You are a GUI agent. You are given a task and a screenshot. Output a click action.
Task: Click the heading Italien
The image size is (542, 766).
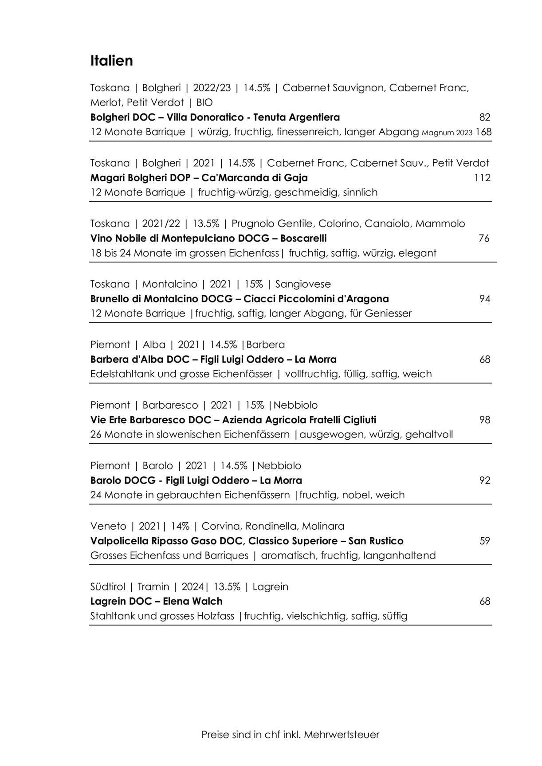tap(111, 61)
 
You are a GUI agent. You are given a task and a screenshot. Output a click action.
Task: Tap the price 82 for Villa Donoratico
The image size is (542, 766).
tap(485, 117)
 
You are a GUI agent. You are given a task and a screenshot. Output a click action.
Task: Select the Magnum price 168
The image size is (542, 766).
tap(483, 132)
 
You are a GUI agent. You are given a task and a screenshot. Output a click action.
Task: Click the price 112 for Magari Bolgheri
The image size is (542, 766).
tap(482, 178)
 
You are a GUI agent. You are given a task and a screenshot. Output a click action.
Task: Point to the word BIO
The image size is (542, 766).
tap(204, 103)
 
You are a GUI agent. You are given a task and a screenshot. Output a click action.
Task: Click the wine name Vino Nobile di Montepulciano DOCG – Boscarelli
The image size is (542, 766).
tap(208, 238)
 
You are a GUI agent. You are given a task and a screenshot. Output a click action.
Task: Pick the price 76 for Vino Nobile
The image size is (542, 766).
tap(484, 238)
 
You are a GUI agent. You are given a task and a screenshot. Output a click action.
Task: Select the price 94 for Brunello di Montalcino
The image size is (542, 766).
tap(485, 299)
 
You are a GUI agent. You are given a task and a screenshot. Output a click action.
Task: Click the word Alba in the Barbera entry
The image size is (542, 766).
tap(154, 344)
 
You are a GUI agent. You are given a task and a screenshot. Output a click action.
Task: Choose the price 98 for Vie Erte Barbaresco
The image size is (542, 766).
tap(485, 420)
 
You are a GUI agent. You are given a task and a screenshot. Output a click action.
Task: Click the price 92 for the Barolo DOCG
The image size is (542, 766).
tap(485, 481)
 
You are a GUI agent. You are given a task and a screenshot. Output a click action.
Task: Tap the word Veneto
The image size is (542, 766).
tap(108, 526)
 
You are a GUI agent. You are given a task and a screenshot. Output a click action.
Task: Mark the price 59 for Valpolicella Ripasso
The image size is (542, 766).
tap(485, 541)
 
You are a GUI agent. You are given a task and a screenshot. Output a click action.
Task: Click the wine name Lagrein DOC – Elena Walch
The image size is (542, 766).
tap(156, 602)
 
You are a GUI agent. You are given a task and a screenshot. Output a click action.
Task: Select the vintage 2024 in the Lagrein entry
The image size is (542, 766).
tap(192, 587)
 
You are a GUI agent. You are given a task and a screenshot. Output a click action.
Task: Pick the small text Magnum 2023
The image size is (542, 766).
tap(447, 133)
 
